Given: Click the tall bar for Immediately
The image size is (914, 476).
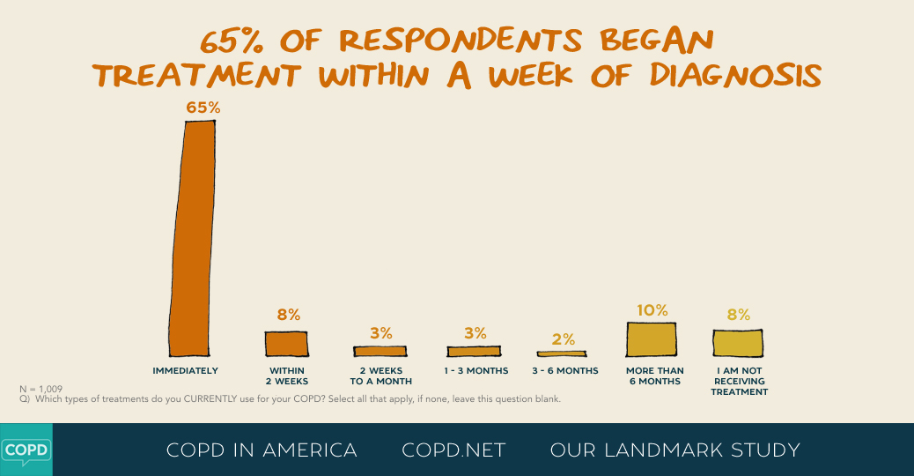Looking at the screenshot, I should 193,236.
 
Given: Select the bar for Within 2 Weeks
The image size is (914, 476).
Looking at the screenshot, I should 287,343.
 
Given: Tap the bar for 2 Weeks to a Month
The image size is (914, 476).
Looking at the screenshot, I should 380,351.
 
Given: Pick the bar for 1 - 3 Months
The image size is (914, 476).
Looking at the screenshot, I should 474,351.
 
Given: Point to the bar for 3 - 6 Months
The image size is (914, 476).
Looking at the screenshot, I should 562,353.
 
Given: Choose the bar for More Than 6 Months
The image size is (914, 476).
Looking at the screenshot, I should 652,338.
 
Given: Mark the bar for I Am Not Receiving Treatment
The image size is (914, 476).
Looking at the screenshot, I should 738,342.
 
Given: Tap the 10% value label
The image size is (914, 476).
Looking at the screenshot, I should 652,310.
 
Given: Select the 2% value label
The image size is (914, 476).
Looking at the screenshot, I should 564,339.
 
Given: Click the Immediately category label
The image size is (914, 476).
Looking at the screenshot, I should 185,371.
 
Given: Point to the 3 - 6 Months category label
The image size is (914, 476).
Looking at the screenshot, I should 565,371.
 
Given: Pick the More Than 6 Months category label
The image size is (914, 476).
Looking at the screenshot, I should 653,376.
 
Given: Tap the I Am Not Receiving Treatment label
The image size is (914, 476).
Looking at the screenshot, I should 740,381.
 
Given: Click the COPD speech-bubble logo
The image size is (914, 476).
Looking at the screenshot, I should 26,450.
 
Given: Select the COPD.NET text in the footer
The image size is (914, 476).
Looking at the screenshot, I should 453,450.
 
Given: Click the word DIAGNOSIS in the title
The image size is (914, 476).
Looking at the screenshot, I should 735,76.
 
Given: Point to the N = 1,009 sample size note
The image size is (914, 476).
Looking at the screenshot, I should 41,389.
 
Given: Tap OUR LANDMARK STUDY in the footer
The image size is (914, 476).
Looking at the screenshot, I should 674,450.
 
